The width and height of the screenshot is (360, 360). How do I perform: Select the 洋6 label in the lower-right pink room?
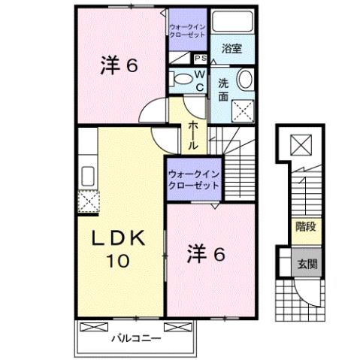206,254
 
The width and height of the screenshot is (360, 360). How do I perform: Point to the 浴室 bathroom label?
231,49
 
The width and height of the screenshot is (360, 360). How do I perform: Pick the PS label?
201,59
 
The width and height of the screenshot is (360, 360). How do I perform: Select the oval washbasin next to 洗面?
244,80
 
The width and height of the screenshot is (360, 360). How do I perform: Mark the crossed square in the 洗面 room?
242,110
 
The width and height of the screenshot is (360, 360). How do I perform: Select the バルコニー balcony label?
136,337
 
